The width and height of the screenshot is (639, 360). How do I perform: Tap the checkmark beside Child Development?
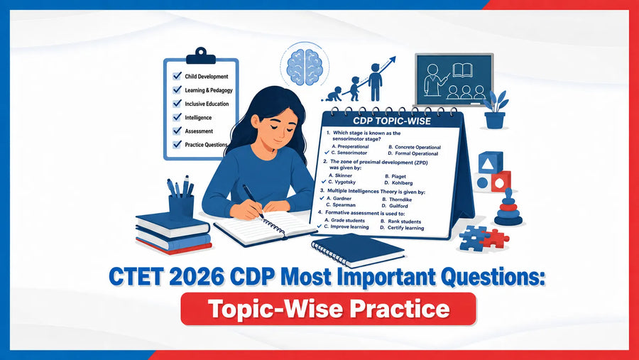[x=177, y=76]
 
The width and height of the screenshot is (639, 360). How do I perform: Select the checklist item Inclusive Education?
[x=207, y=104]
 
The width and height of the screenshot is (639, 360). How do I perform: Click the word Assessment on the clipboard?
[x=199, y=131]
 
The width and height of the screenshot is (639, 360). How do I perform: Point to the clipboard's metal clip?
[x=200, y=56]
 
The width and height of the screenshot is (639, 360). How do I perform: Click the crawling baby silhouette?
[x=332, y=94]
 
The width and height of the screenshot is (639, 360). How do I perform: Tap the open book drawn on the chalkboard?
[x=462, y=70]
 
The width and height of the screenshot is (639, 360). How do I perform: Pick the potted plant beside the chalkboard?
[x=495, y=109]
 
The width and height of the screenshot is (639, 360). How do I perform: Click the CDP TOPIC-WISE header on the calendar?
[x=392, y=121]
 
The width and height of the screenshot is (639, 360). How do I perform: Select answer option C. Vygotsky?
[x=342, y=182]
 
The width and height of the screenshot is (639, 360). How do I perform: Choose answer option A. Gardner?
[x=339, y=199]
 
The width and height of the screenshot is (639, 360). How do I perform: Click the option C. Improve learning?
[x=346, y=227]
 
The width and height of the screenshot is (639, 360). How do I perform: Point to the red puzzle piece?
[x=495, y=238]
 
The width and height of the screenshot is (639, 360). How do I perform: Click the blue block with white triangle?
[x=490, y=163]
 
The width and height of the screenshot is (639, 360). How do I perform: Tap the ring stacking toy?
[x=508, y=208]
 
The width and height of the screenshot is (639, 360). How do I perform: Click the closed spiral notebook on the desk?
[x=358, y=250]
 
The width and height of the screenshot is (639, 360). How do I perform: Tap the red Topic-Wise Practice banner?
[x=329, y=309]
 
